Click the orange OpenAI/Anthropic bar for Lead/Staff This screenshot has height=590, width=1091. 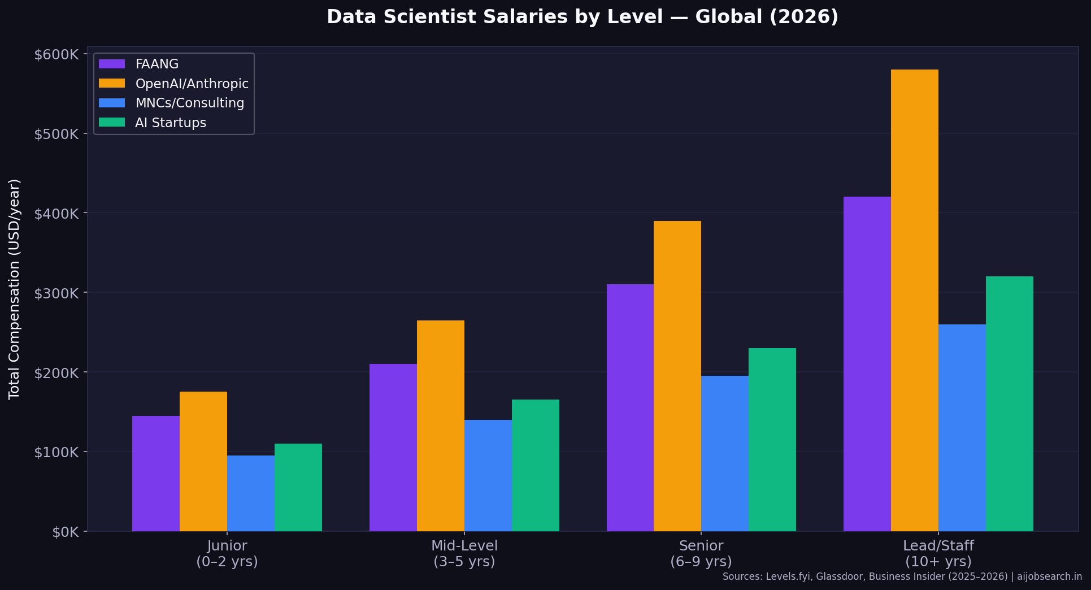coord(914,300)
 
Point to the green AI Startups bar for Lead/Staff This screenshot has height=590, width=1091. coord(1009,404)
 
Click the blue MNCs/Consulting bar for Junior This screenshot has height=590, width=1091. coord(250,493)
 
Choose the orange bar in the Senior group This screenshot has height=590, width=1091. coord(677,376)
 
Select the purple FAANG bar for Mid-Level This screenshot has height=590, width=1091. coord(393,447)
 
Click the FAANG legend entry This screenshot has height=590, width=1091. coord(157,64)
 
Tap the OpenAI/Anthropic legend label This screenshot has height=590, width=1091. coord(192,84)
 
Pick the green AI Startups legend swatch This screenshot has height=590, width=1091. coord(112,123)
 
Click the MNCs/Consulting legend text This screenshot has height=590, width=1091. coord(189,103)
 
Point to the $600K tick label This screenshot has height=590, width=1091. coord(56,55)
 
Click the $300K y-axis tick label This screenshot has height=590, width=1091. coord(56,293)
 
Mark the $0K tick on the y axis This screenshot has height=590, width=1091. coord(65,532)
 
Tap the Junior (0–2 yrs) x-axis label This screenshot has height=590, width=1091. coord(227,554)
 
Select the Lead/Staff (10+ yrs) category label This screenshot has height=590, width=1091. coord(938,554)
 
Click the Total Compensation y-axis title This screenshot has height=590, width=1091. coord(15,289)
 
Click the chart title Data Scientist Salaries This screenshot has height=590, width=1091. coord(582,17)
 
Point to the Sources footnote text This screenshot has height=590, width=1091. coord(902,577)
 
